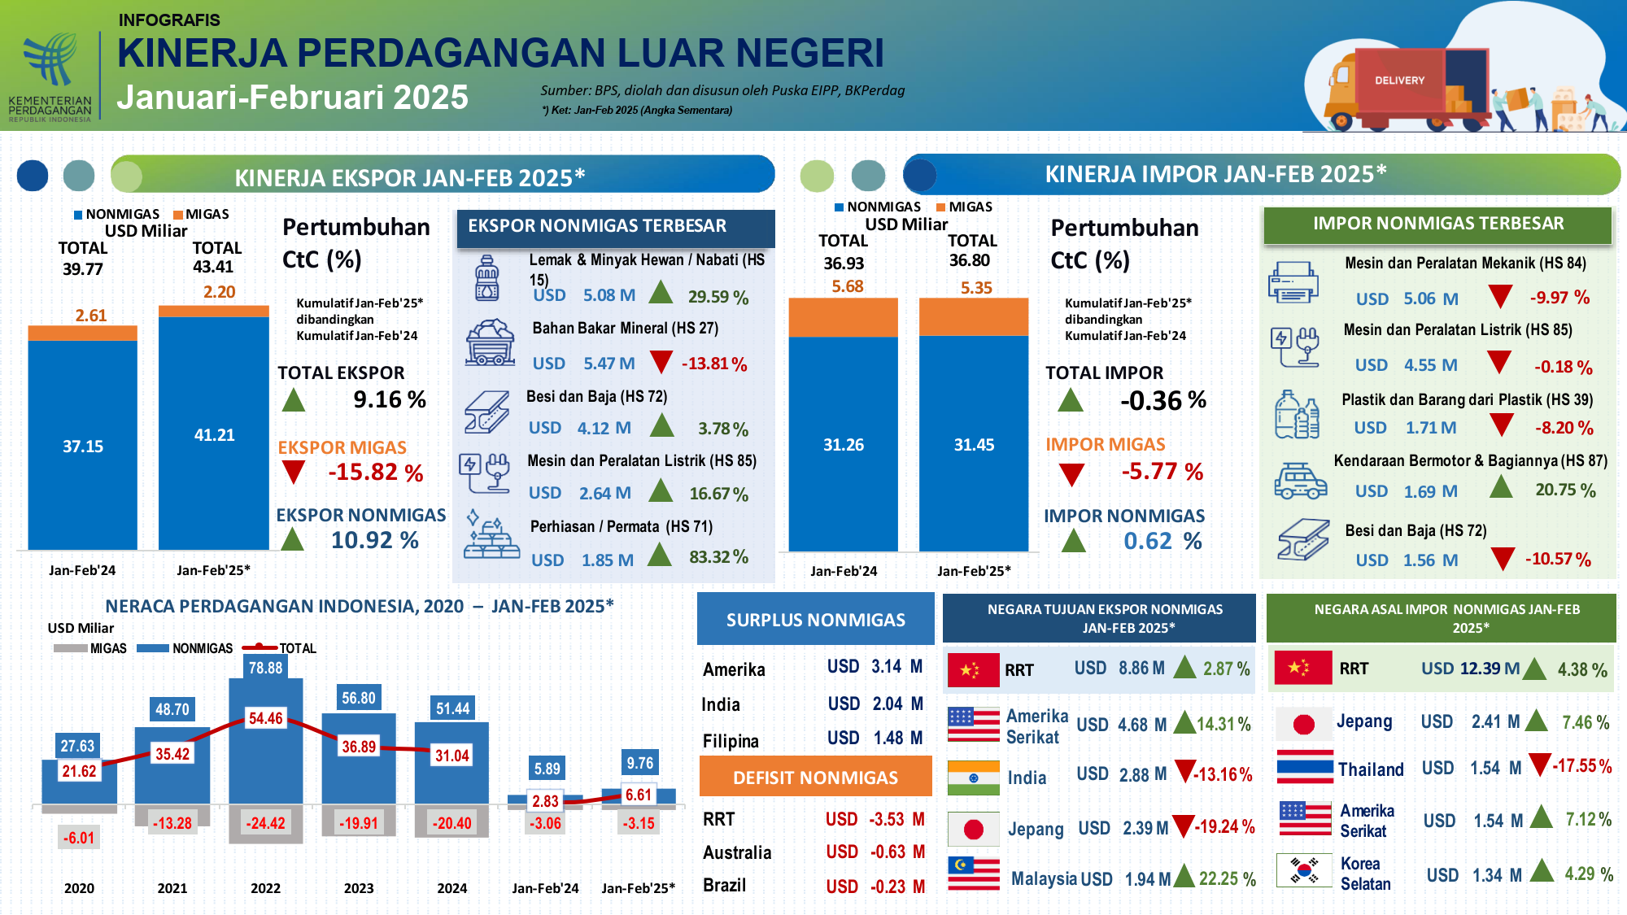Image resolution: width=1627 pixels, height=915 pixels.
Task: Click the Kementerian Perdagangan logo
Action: tap(50, 76)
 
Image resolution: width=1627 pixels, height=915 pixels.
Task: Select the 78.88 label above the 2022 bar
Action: tap(265, 668)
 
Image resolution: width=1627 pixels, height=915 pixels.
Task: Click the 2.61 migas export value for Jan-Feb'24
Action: tap(91, 316)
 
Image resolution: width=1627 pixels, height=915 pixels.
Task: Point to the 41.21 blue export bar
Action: tap(214, 433)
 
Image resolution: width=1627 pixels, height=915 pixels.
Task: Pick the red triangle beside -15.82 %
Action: tap(293, 472)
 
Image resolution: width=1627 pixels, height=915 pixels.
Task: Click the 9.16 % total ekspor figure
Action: tap(390, 399)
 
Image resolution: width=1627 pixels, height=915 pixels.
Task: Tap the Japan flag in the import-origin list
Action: tap(1304, 723)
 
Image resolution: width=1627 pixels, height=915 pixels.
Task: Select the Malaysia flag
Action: tap(974, 874)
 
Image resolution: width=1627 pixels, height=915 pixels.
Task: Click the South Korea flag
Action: tap(1304, 870)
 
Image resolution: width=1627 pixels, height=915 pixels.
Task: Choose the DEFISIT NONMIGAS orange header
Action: tap(815, 777)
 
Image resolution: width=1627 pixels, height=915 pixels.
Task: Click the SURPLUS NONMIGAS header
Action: tap(815, 619)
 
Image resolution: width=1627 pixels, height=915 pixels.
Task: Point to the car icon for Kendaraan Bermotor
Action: tap(1300, 481)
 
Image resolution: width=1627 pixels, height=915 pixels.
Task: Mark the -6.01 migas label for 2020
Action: tap(79, 838)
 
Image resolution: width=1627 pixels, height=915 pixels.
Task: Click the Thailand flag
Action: tap(1305, 767)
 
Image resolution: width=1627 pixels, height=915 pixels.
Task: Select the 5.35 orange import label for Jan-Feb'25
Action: tap(976, 288)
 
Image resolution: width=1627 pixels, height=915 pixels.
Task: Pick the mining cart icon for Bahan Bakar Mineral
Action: tap(490, 342)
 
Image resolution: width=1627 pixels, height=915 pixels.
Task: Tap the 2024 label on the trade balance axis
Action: tap(452, 888)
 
